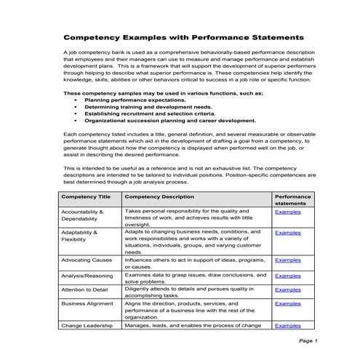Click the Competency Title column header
pyautogui.click(x=86, y=196)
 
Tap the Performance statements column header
pyautogui.click(x=293, y=200)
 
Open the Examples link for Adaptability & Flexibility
pyautogui.click(x=287, y=233)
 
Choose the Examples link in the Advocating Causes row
pyautogui.click(x=287, y=260)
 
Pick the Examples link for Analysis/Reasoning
pyautogui.click(x=287, y=276)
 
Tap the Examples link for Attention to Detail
pyautogui.click(x=287, y=290)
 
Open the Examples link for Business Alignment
pyautogui.click(x=287, y=304)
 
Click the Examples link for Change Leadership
pyautogui.click(x=287, y=327)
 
